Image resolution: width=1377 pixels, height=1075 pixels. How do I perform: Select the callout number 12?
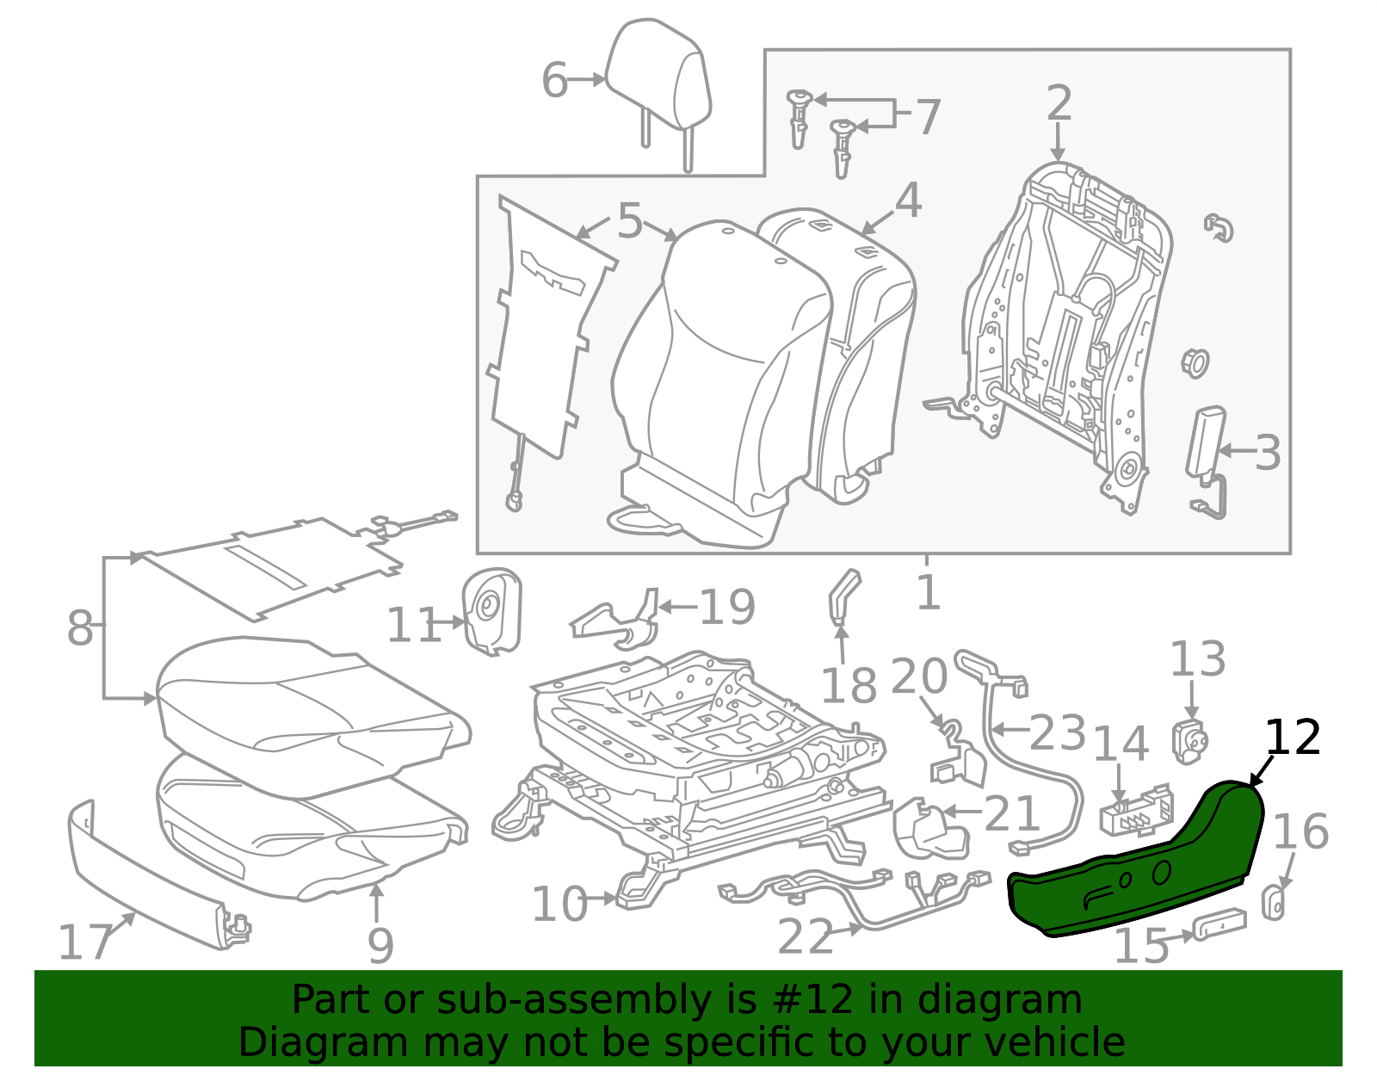1293,737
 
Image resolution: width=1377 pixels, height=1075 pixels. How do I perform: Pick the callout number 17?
85,942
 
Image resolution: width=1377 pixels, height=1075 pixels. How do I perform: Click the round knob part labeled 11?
492,611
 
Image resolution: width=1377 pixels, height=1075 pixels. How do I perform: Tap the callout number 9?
380,946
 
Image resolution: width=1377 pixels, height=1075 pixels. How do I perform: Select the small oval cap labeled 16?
1274,903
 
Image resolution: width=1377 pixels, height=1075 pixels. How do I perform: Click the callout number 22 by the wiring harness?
805,936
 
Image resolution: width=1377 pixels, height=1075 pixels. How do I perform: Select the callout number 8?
80,628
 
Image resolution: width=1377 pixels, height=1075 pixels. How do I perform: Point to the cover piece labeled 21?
929,829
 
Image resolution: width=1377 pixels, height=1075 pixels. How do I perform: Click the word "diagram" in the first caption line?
999,999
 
